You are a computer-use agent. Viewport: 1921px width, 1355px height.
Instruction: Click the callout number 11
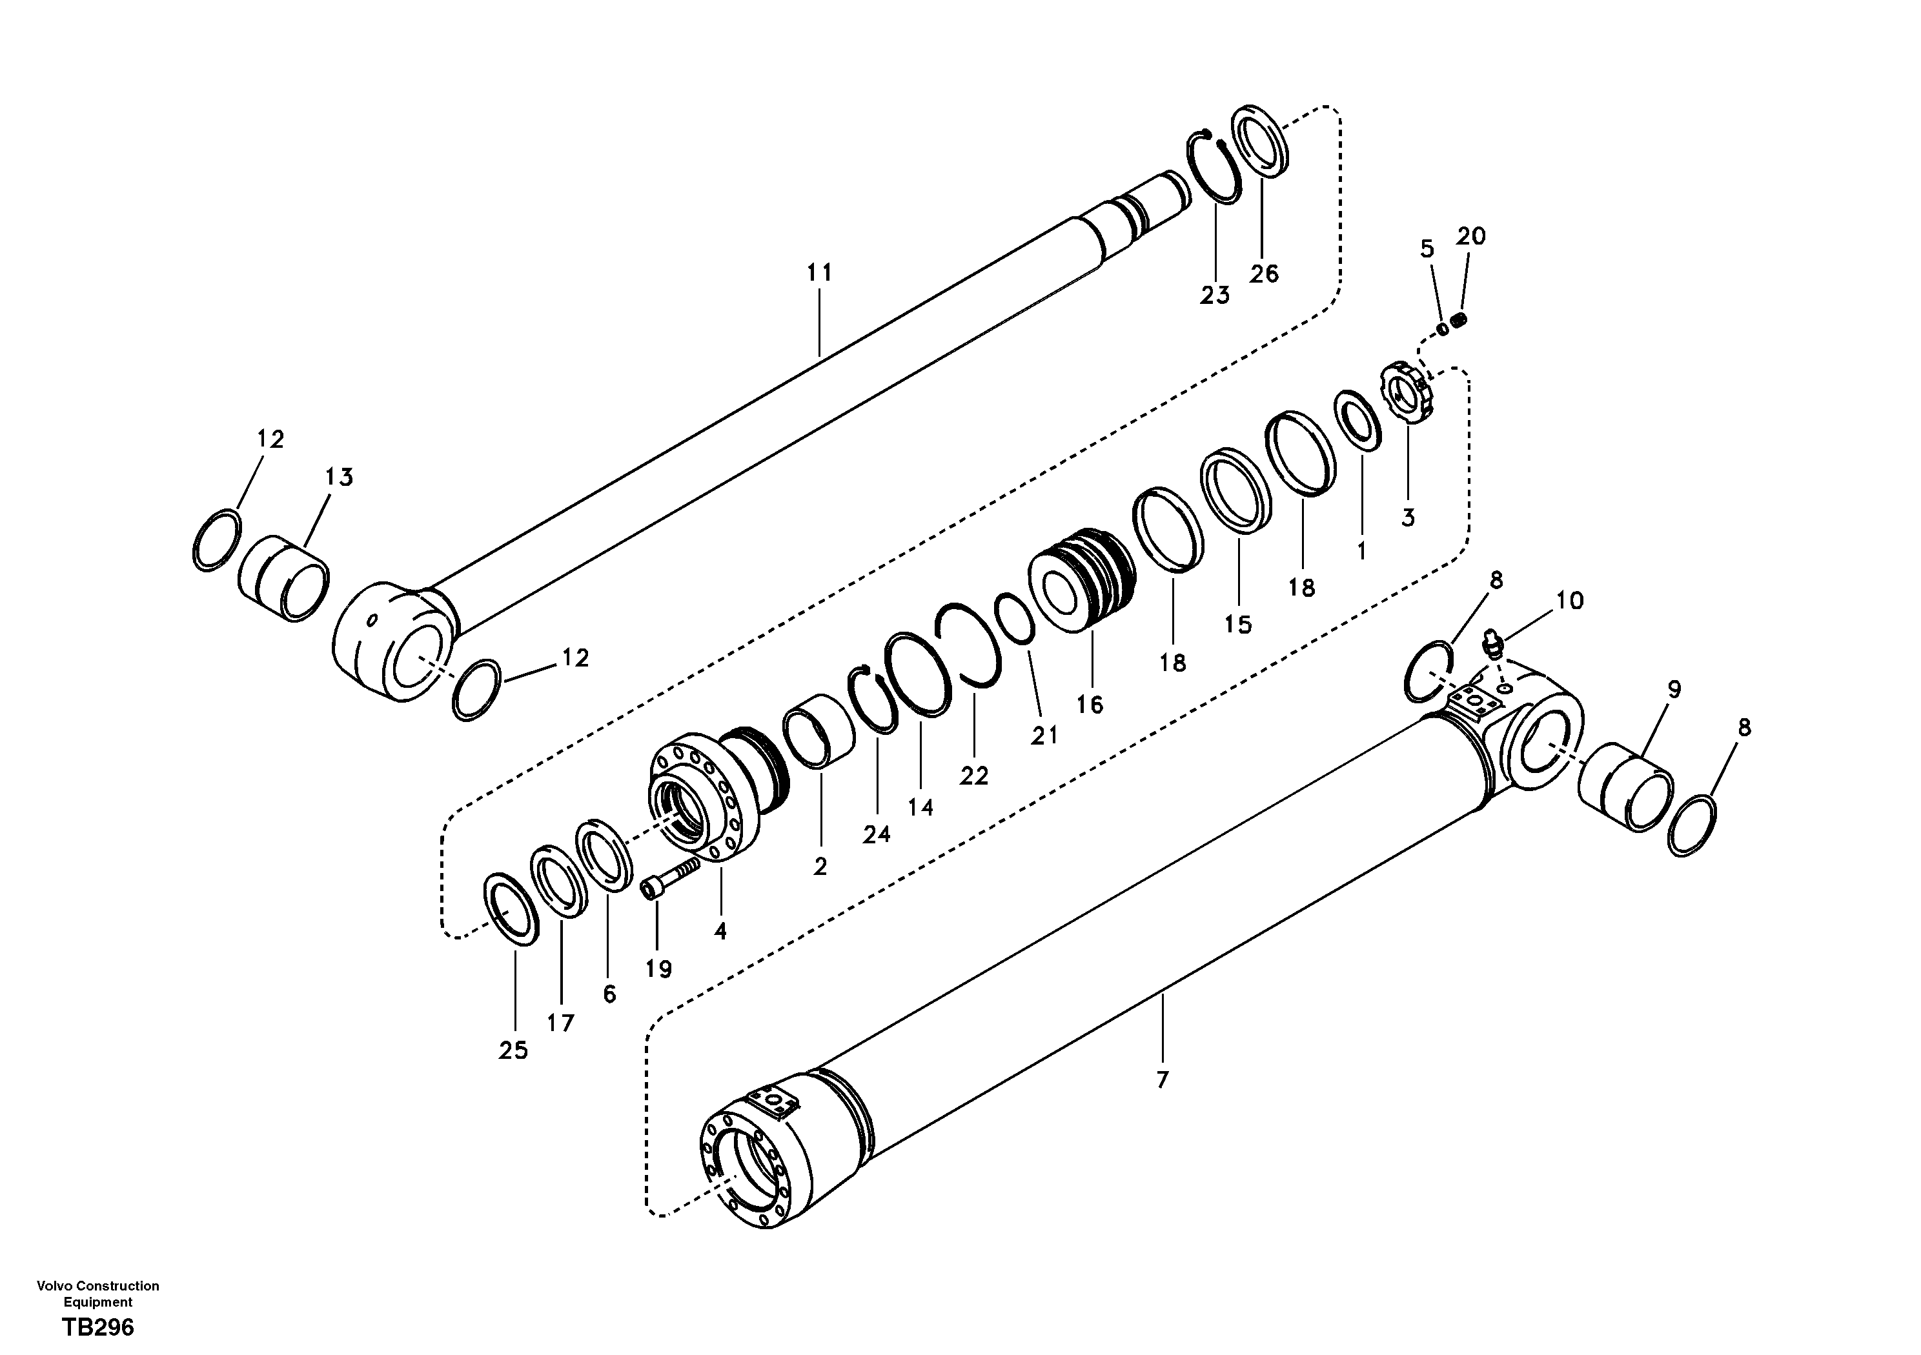click(819, 273)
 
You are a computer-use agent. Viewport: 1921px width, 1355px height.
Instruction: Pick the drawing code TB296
click(98, 1327)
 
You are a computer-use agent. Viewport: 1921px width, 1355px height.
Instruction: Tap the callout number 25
click(513, 1051)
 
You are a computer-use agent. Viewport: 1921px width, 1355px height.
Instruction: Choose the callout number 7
click(1161, 1081)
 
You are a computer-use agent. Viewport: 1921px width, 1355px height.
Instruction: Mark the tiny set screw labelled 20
click(1461, 319)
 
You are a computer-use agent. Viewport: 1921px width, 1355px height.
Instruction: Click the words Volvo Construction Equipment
click(98, 1293)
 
